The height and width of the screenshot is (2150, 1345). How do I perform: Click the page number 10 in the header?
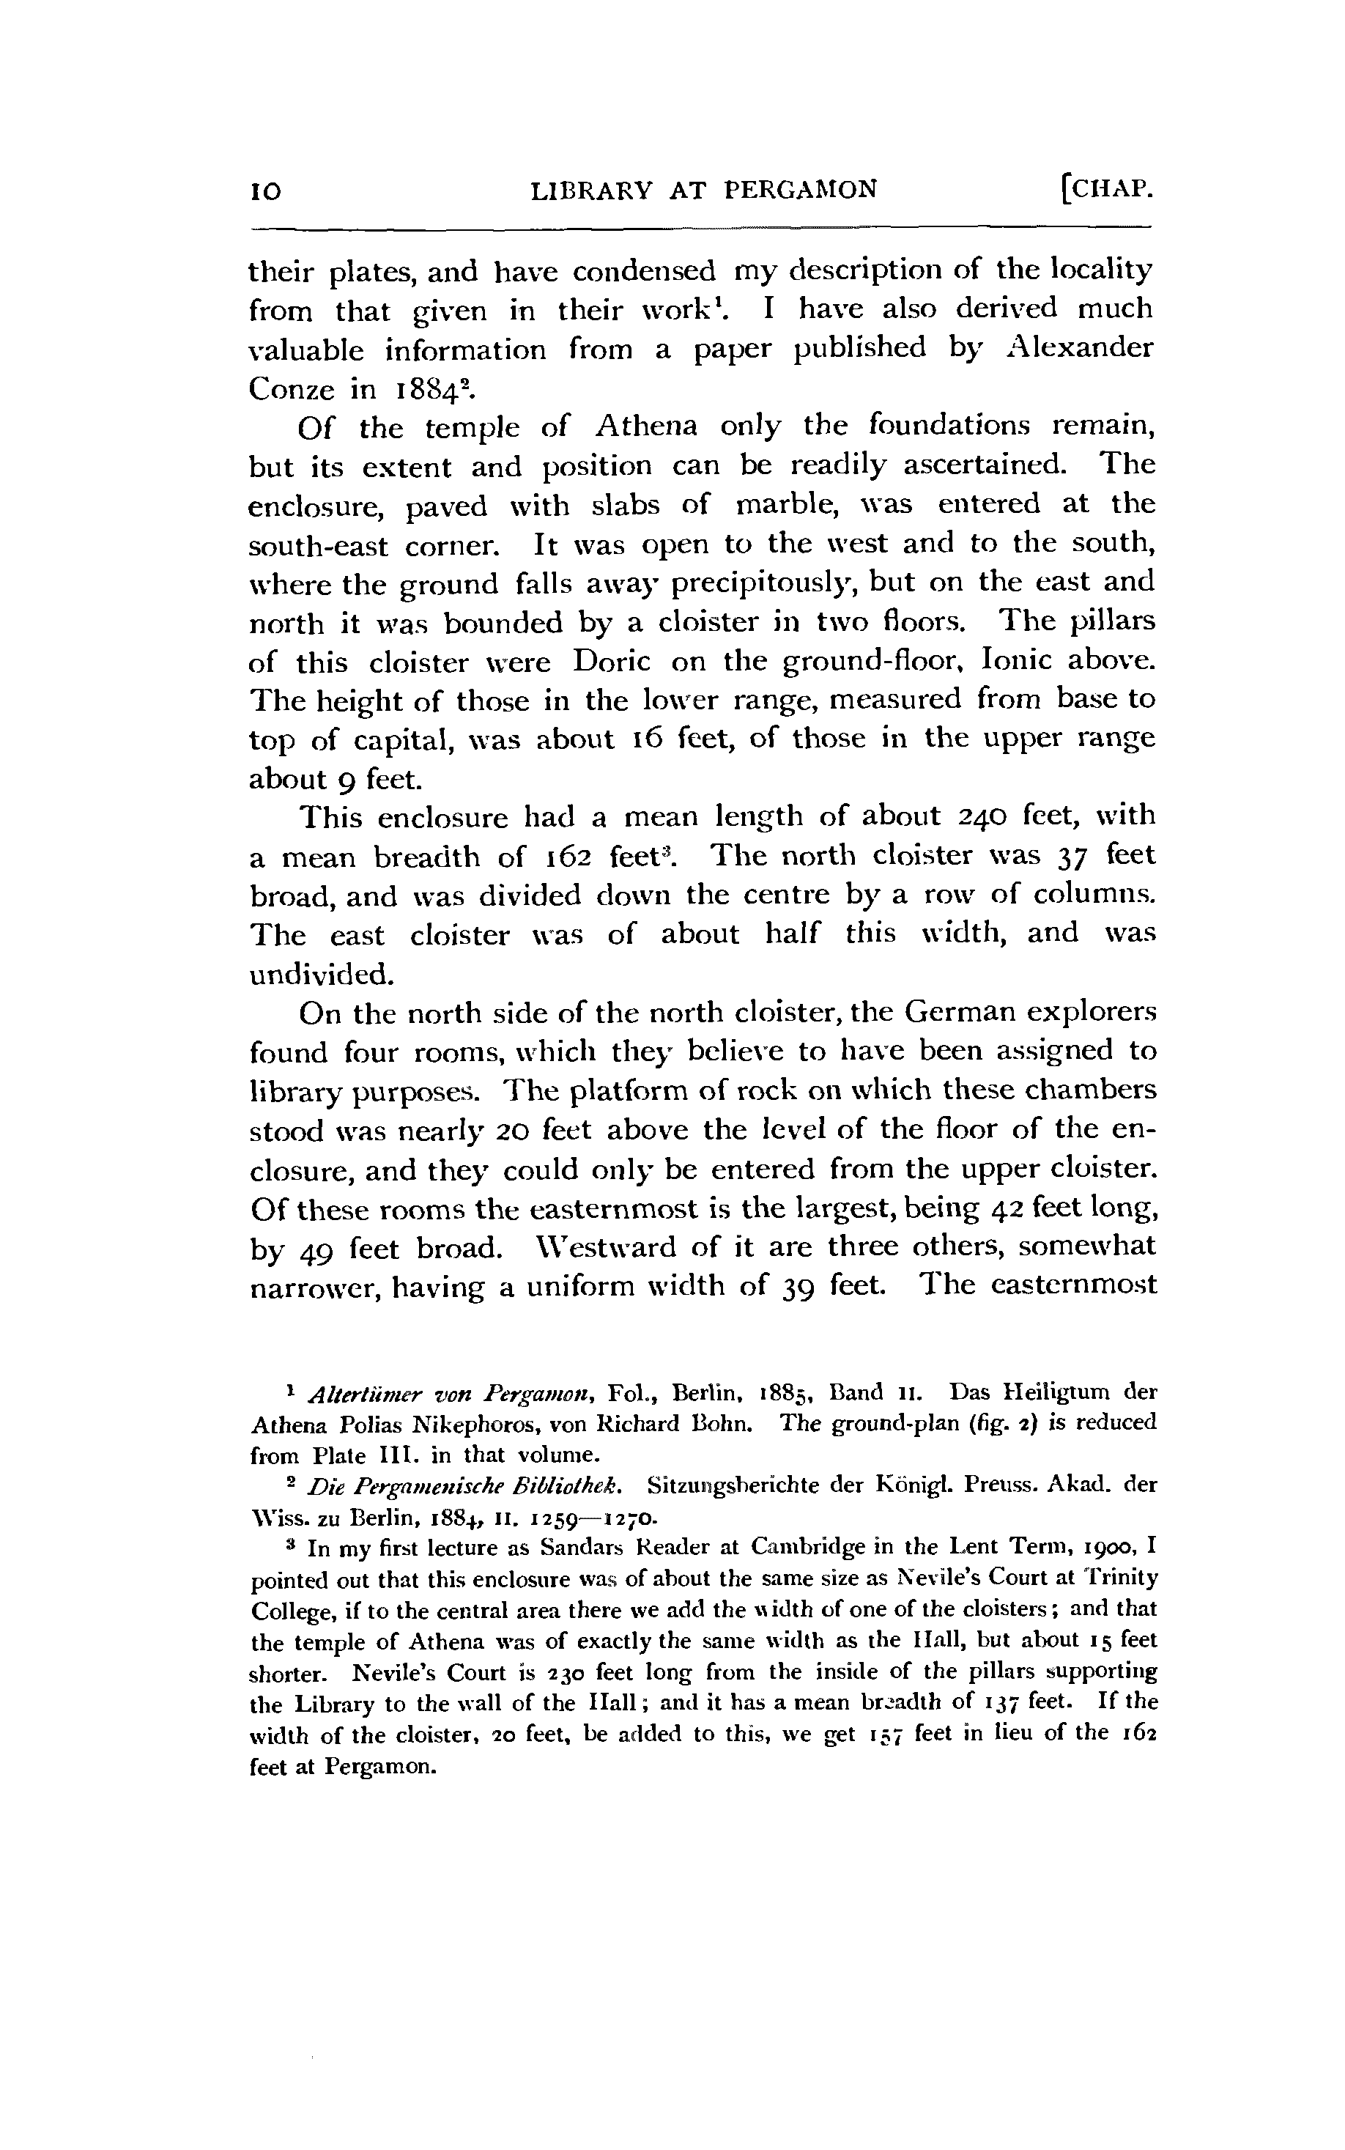point(266,191)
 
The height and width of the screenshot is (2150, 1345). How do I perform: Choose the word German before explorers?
point(960,1012)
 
